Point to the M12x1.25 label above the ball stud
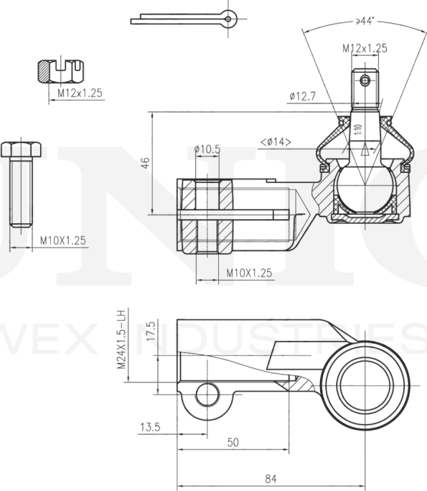pos(365,48)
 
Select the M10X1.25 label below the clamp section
pos(249,273)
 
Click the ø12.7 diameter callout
pos(303,95)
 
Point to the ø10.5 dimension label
pos(207,149)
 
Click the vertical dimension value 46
pos(145,162)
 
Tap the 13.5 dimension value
pos(149,427)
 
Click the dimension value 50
pos(233,442)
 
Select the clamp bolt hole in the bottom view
pos(207,393)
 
